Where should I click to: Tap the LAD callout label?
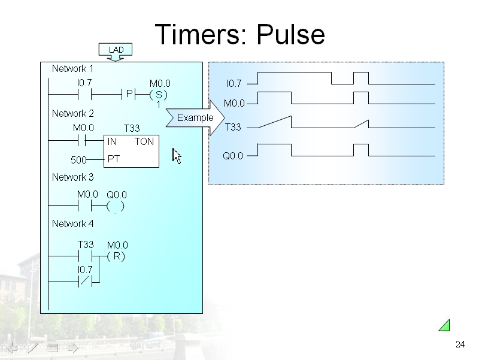(116, 49)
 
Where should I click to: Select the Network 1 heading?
(72, 68)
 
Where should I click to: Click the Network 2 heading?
(72, 113)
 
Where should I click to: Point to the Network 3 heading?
(72, 177)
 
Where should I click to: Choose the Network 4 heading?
(72, 223)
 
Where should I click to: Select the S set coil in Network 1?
(159, 95)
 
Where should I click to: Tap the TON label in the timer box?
(144, 142)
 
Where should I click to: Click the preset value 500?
(78, 160)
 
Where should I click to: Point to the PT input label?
(113, 159)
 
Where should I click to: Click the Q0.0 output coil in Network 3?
(116, 207)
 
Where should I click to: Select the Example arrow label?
(195, 117)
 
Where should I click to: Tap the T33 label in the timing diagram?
(233, 127)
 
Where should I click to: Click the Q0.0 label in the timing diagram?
(233, 156)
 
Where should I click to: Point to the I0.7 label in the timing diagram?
(234, 83)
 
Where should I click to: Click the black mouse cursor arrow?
(177, 156)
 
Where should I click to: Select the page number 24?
(460, 344)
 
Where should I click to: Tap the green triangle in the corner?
(444, 325)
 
